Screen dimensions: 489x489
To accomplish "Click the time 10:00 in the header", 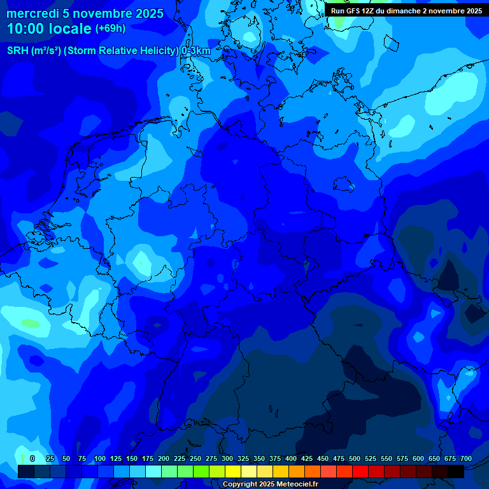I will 27,29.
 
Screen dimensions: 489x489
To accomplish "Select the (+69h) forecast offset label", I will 110,29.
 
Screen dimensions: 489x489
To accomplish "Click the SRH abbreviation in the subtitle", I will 18,51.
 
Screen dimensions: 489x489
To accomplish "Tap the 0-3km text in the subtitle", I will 196,51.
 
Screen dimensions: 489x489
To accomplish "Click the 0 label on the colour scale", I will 32,459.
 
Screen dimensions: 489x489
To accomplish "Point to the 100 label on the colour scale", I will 99,459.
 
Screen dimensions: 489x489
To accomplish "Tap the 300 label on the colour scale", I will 227,459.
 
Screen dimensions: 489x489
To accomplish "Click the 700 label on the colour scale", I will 465,459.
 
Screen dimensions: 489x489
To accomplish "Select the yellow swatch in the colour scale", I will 233,471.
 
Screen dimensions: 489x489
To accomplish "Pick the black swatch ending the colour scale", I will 456,471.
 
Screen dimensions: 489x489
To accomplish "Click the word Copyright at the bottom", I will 241,485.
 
